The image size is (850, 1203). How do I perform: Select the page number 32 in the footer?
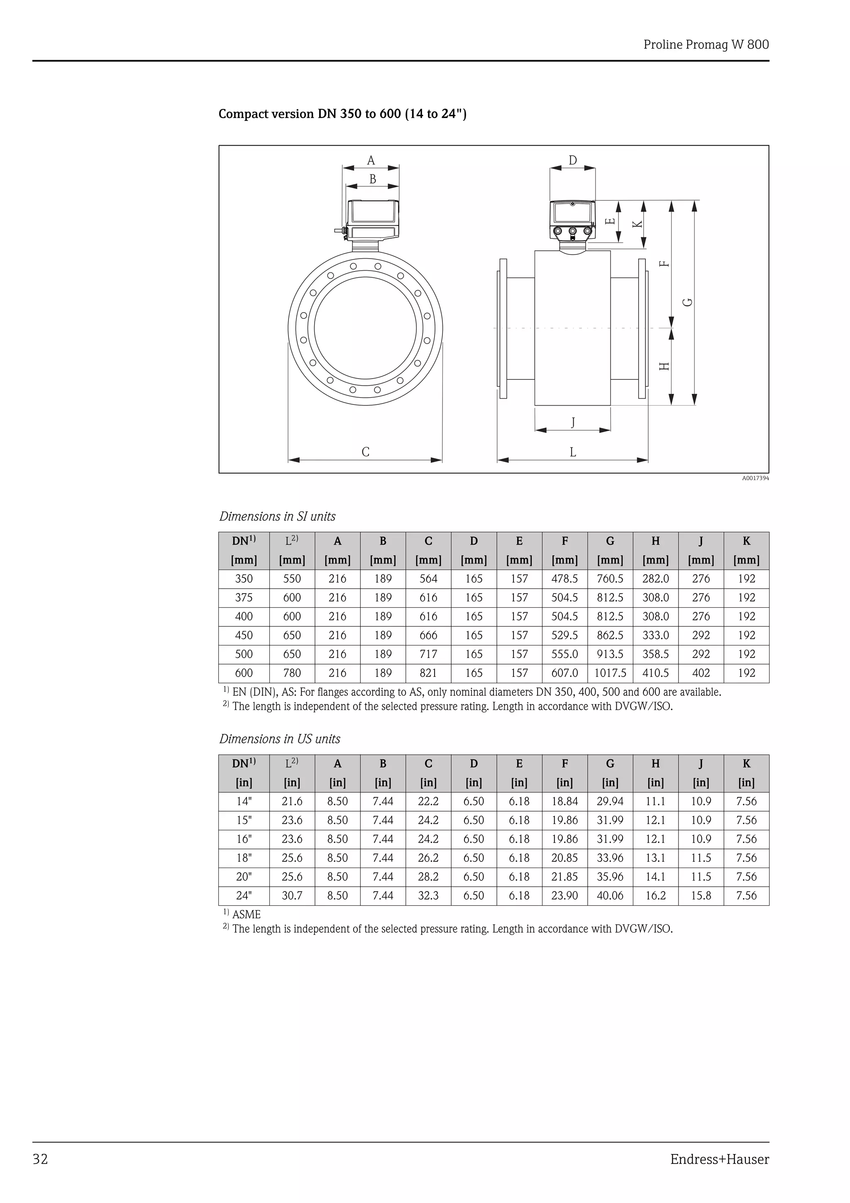point(40,1159)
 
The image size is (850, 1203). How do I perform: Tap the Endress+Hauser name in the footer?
point(719,1159)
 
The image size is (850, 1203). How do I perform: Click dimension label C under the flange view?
point(366,452)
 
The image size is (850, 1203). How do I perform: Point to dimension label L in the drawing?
point(572,452)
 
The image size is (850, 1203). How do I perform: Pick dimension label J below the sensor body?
point(572,422)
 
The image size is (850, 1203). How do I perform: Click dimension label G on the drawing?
point(688,302)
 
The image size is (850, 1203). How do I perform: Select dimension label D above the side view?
point(572,160)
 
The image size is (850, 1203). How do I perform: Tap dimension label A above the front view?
point(371,160)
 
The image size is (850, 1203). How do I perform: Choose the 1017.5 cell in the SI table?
point(610,673)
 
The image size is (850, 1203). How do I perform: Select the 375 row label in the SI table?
point(244,597)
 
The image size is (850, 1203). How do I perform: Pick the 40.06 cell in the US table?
point(610,895)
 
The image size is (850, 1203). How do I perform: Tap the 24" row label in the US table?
point(244,895)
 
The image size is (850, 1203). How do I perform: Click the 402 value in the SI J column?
point(701,673)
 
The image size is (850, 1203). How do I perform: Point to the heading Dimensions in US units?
point(280,739)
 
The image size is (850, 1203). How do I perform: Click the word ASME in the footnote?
point(246,914)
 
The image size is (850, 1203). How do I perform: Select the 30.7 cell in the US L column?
point(292,895)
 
